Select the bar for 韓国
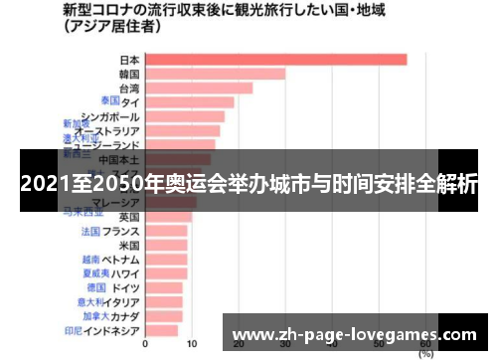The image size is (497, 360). tap(215, 74)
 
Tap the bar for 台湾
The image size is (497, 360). tap(198, 88)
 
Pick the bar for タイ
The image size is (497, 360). tap(189, 101)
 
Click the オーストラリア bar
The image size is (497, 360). tap(182, 130)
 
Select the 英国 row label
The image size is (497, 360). tap(129, 216)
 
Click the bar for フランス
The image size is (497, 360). tap(166, 231)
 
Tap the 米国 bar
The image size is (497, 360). tap(166, 245)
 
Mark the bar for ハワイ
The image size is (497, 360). tap(166, 273)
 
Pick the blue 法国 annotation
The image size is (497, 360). tap(90, 231)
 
